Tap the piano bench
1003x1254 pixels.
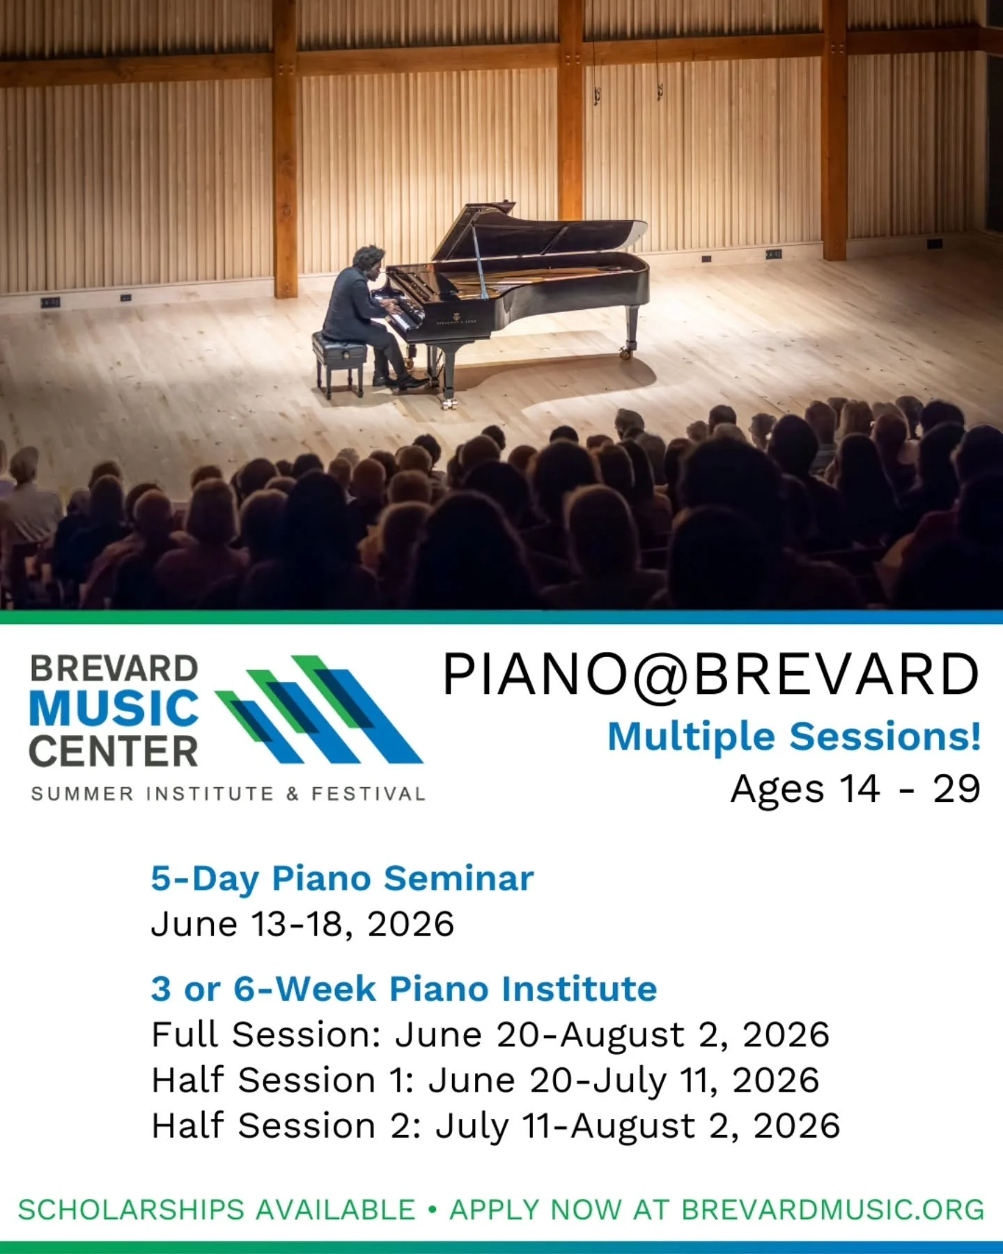339,346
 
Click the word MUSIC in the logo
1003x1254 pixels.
114,709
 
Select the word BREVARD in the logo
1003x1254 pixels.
114,669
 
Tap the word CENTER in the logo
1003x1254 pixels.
114,752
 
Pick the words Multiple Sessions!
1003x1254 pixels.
794,736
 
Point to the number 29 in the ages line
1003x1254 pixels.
956,789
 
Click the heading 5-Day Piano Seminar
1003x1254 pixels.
342,878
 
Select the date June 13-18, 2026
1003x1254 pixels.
302,924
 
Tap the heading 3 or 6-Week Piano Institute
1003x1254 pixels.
404,989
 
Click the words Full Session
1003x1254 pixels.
265,1035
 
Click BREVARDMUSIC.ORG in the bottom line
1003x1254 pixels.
832,1210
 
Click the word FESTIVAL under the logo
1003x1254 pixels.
368,794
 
